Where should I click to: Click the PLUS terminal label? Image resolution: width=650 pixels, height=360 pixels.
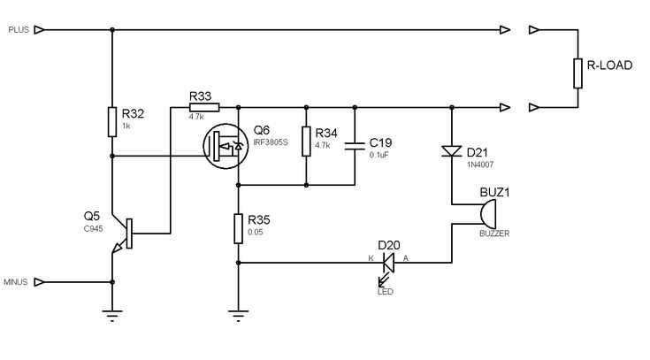point(19,30)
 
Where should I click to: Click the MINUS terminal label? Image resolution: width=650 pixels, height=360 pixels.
point(15,282)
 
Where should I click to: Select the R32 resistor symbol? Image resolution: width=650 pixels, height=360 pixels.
point(112,122)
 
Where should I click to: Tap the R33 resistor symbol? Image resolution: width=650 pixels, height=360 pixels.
point(204,108)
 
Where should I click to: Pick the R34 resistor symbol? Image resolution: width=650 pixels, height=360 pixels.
point(306,142)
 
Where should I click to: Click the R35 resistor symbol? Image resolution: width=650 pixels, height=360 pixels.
point(239,228)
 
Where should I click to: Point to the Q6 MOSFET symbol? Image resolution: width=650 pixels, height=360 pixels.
point(226,147)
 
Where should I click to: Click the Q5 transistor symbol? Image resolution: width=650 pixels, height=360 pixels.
point(122,234)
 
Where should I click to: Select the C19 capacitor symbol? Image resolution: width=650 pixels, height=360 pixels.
point(355,145)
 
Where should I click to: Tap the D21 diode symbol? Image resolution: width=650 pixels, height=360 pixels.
point(452,151)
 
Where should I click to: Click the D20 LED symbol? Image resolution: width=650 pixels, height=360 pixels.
point(388,267)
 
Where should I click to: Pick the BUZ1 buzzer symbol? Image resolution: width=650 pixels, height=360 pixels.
point(487,214)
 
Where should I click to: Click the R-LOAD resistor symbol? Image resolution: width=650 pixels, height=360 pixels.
point(577,73)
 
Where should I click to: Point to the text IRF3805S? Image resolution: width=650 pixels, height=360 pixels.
point(271,142)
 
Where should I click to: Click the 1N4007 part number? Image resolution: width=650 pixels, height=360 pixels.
point(480,165)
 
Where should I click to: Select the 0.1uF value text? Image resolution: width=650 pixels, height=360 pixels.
point(379,155)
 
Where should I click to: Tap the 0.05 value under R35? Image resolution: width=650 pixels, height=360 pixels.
point(256,233)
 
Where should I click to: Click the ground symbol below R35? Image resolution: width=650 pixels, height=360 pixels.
point(239,315)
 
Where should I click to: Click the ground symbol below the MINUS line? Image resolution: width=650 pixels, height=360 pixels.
point(112,315)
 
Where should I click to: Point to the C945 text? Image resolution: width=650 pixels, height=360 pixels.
point(93,229)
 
